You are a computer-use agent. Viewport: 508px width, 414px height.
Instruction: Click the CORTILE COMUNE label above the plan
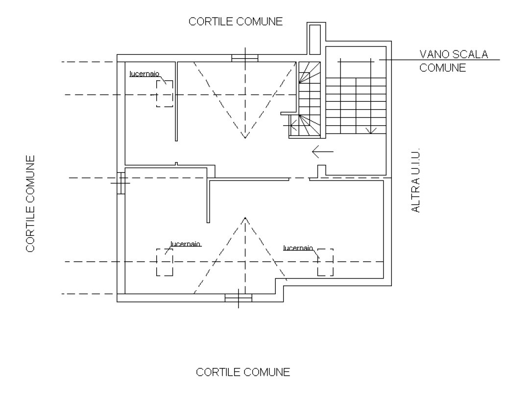coord(236,22)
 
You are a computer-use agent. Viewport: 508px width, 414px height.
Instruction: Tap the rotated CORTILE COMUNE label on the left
coord(30,204)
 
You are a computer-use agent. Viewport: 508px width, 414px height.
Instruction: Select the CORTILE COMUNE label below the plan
coord(243,372)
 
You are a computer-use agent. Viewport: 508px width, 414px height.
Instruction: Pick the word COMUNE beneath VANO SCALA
coord(442,68)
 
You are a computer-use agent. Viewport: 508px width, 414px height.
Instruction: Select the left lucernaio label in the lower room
coord(186,243)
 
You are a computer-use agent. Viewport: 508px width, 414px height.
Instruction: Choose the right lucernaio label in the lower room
coord(298,248)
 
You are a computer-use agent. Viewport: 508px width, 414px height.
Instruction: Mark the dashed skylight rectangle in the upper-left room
coord(165,93)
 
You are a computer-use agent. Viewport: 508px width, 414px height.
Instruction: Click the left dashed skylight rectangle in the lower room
coord(165,262)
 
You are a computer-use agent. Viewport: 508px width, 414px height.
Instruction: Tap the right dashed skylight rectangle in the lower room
coord(325,262)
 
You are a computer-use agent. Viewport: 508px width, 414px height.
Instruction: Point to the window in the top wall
coord(245,58)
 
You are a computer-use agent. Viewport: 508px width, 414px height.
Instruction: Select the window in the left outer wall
coord(121,183)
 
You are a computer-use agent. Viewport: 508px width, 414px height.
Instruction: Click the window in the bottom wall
coord(239,297)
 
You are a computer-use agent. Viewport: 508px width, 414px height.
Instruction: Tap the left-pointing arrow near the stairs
coord(323,152)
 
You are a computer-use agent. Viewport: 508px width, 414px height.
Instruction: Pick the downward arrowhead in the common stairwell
coord(371,130)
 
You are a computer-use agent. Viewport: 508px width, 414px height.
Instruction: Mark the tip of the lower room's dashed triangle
coord(245,218)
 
